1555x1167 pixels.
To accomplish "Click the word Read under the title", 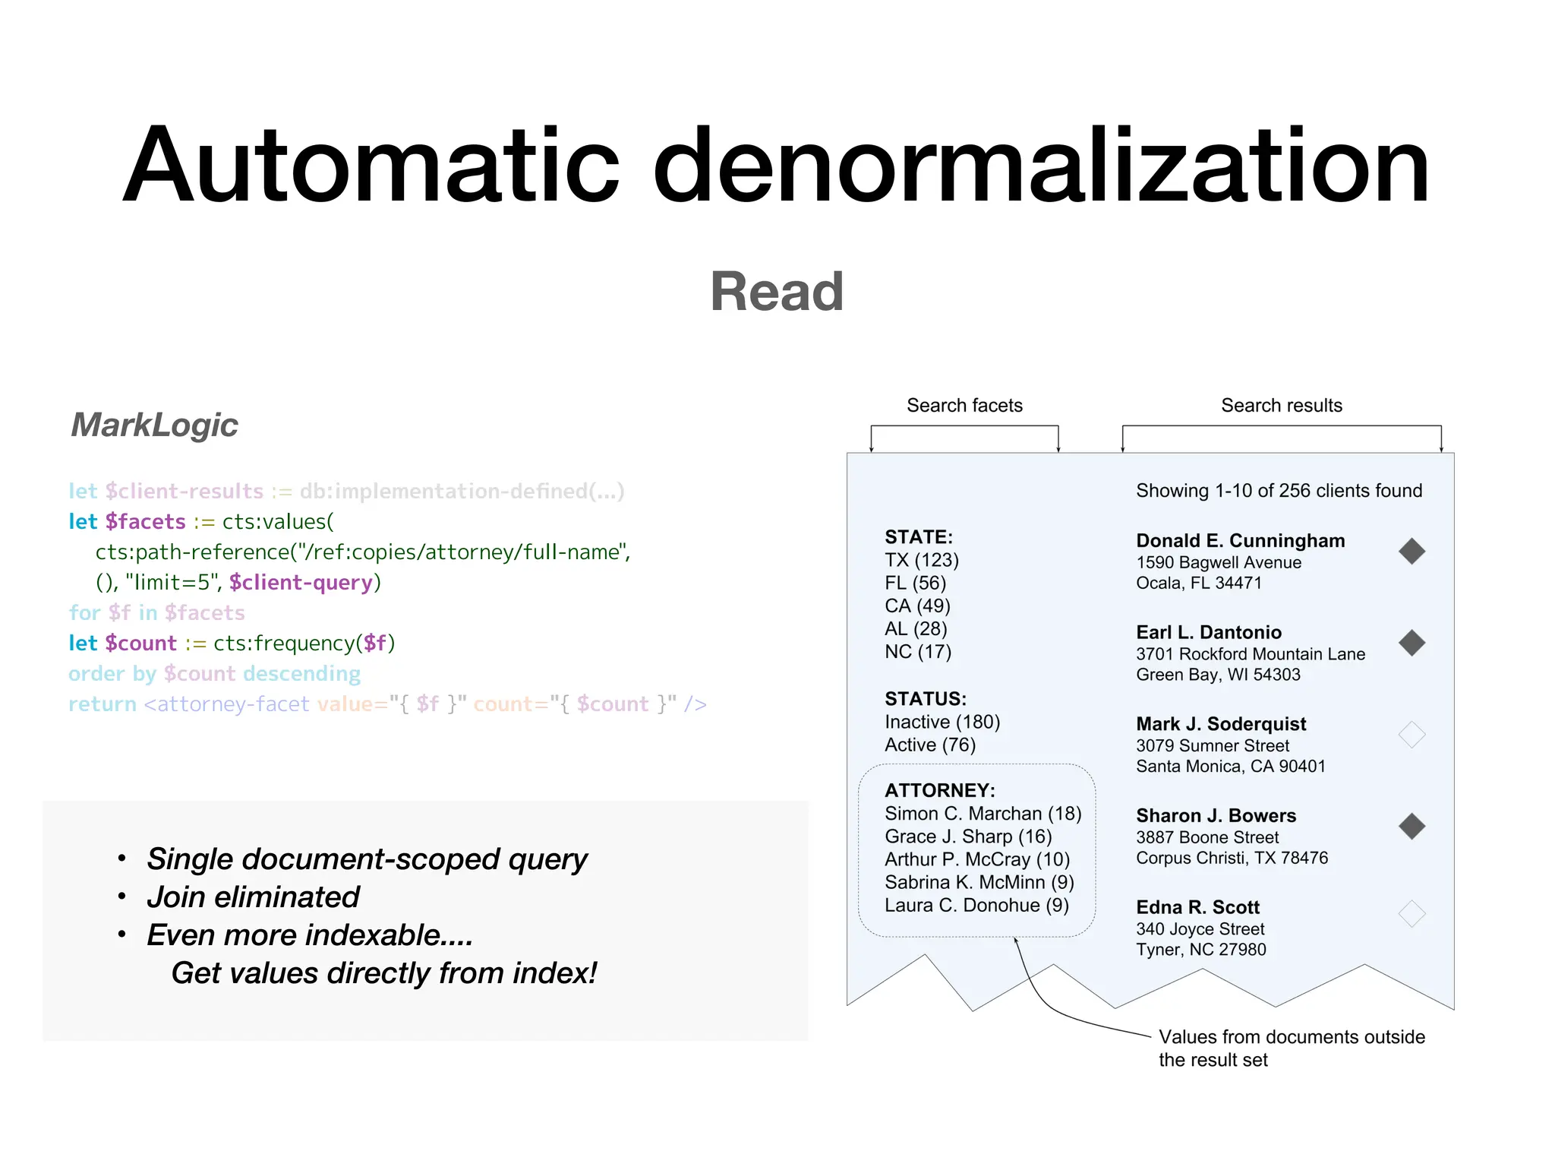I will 777,292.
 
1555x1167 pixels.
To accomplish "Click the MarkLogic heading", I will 154,425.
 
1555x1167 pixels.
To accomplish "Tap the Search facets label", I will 964,405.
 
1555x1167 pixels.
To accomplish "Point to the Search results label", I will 1281,405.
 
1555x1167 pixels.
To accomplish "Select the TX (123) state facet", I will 921,560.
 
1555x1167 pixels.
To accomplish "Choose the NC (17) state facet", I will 917,651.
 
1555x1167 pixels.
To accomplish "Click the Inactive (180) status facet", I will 942,722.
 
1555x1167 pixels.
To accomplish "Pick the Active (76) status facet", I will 929,745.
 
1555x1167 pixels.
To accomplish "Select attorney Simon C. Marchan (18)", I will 983,814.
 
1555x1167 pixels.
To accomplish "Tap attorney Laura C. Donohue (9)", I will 976,905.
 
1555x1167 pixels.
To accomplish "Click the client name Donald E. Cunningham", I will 1240,541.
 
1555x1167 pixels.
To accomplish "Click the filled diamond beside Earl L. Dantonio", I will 1411,643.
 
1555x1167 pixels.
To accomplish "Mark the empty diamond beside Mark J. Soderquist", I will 1411,735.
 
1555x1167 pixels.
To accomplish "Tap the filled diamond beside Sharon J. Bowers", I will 1411,826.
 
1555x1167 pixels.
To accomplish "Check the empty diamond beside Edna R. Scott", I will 1411,913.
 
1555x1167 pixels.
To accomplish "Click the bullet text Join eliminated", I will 253,897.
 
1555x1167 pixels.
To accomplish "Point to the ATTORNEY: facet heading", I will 939,790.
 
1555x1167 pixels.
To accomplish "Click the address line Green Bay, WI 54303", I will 1218,675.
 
